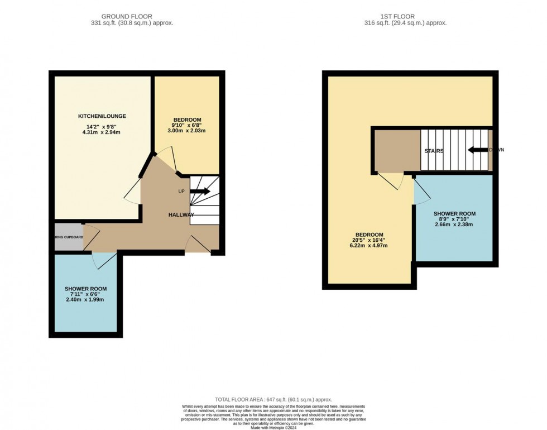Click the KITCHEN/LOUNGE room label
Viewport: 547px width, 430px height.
click(102, 116)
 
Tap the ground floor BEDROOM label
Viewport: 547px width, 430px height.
click(187, 120)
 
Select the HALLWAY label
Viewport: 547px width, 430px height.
click(181, 215)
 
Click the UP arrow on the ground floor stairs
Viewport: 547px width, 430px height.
click(200, 192)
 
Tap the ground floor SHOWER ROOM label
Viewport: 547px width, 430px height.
click(85, 289)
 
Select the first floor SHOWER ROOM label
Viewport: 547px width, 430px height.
click(455, 214)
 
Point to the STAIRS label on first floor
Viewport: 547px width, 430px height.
click(434, 151)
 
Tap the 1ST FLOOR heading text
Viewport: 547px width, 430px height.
click(406, 17)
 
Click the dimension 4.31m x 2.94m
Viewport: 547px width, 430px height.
click(102, 132)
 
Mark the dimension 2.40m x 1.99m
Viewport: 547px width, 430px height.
click(85, 300)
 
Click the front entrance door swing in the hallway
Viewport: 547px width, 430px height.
click(198, 243)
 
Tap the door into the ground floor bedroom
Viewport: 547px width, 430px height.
click(166, 162)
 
